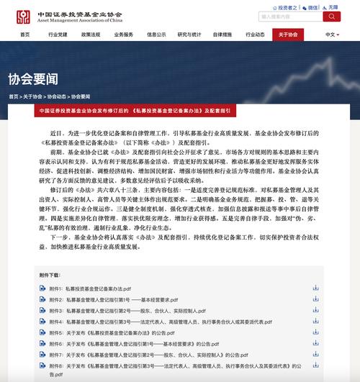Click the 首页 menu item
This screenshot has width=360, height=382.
[x=25, y=34]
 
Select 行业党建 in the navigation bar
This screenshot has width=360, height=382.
[x=58, y=34]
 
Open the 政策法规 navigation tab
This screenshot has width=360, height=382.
[x=91, y=34]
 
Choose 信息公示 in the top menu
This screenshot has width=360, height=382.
[x=156, y=34]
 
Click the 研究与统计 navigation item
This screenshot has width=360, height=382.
[x=189, y=34]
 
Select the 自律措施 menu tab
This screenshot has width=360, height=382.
[x=222, y=34]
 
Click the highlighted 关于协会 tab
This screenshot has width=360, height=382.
[x=288, y=34]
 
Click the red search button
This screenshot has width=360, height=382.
[x=332, y=16]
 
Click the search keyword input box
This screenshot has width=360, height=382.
[x=289, y=16]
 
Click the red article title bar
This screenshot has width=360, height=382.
[x=180, y=111]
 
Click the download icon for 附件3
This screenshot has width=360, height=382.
[x=315, y=310]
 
